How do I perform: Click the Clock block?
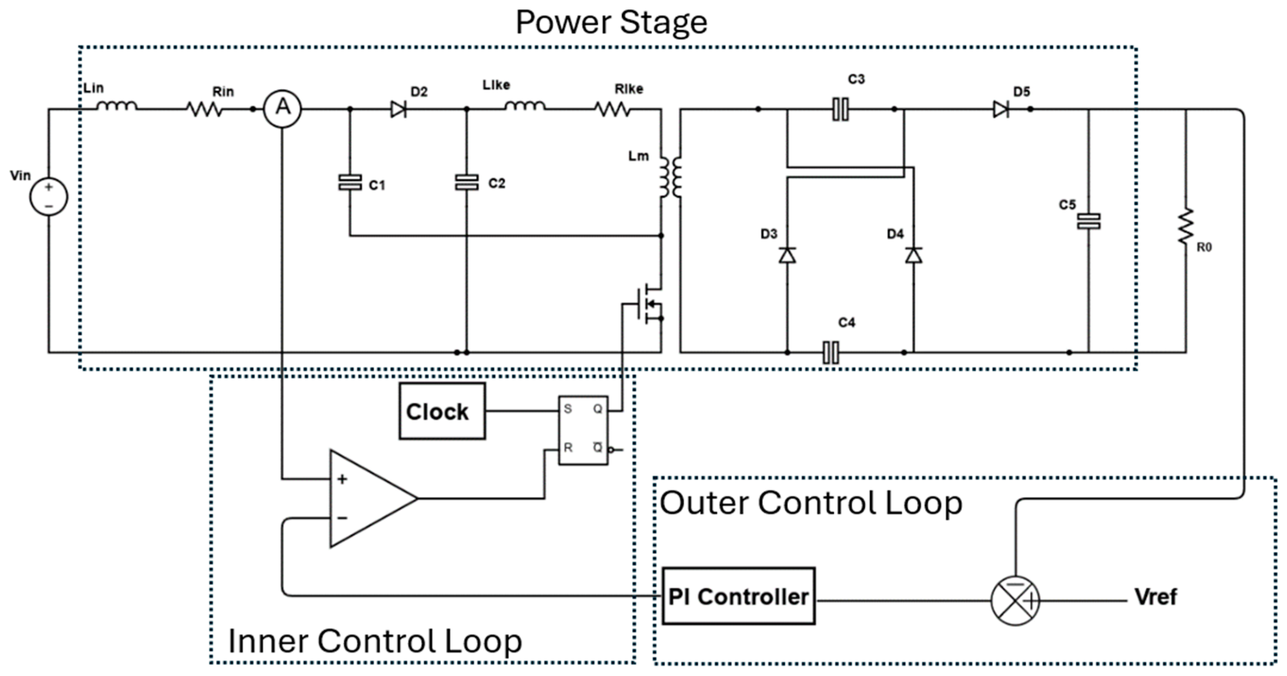tap(442, 412)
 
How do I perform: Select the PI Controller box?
tap(738, 596)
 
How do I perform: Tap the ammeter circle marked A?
tap(282, 109)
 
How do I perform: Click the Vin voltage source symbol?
tap(48, 197)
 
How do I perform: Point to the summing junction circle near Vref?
tap(1015, 600)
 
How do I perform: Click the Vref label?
tap(1155, 597)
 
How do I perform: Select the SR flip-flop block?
tap(583, 430)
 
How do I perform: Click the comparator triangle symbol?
tap(367, 498)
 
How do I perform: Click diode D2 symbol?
tap(398, 109)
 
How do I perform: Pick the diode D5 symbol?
tap(1001, 109)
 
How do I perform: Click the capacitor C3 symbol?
tap(840, 109)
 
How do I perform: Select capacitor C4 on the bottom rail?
tap(831, 352)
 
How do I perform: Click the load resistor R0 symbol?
tap(1186, 227)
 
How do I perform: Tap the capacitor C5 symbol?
tap(1088, 221)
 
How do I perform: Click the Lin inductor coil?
tap(116, 106)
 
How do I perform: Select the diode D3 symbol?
tap(787, 255)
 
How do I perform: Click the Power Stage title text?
tap(611, 22)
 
